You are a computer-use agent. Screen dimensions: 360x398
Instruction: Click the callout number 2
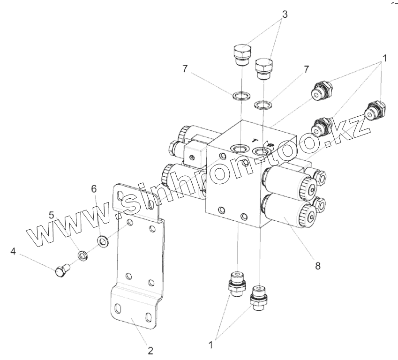[x=150, y=350]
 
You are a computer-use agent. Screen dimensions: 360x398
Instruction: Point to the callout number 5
[x=52, y=216]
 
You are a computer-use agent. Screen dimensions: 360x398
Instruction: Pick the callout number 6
[x=94, y=188]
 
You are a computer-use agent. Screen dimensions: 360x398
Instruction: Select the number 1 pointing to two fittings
[x=210, y=345]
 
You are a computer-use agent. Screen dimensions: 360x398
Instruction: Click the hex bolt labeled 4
[x=61, y=270]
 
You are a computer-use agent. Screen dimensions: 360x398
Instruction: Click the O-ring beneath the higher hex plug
[x=240, y=97]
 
